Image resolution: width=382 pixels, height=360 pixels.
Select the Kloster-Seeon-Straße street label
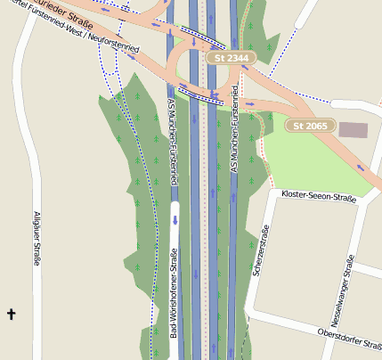(x=318, y=196)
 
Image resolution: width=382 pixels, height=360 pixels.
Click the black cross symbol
(x=12, y=314)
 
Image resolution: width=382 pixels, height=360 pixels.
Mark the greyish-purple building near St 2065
(x=353, y=131)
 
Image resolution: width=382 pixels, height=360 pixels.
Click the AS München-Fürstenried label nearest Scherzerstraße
(x=236, y=128)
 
